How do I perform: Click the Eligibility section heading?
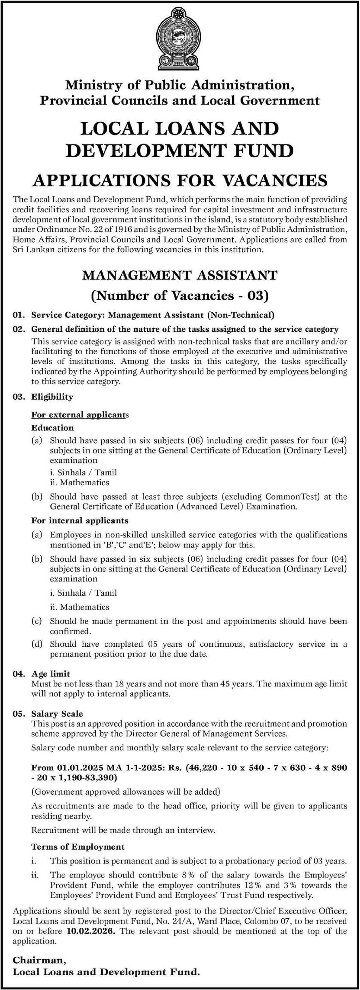click(x=52, y=397)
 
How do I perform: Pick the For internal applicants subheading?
click(x=80, y=520)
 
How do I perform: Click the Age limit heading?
click(x=51, y=673)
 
